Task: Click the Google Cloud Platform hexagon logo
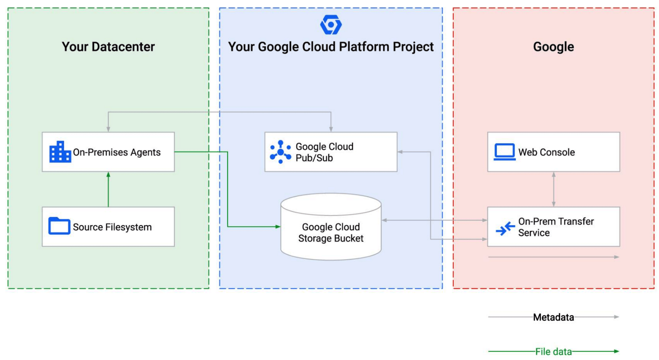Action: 331,25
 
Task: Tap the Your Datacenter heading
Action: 108,47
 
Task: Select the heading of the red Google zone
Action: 553,47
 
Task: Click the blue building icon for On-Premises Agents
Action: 60,152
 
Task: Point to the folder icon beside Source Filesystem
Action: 59,226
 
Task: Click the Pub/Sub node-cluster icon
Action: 280,152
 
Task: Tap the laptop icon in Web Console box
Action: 504,152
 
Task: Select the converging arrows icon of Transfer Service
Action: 505,229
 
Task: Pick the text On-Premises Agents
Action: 116,152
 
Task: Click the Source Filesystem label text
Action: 112,227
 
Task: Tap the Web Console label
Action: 546,152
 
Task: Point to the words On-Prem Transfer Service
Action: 555,227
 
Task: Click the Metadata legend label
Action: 553,317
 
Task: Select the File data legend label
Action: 553,352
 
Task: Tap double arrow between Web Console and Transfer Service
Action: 554,189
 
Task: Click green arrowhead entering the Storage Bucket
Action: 278,227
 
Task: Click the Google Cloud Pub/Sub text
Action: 324,152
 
